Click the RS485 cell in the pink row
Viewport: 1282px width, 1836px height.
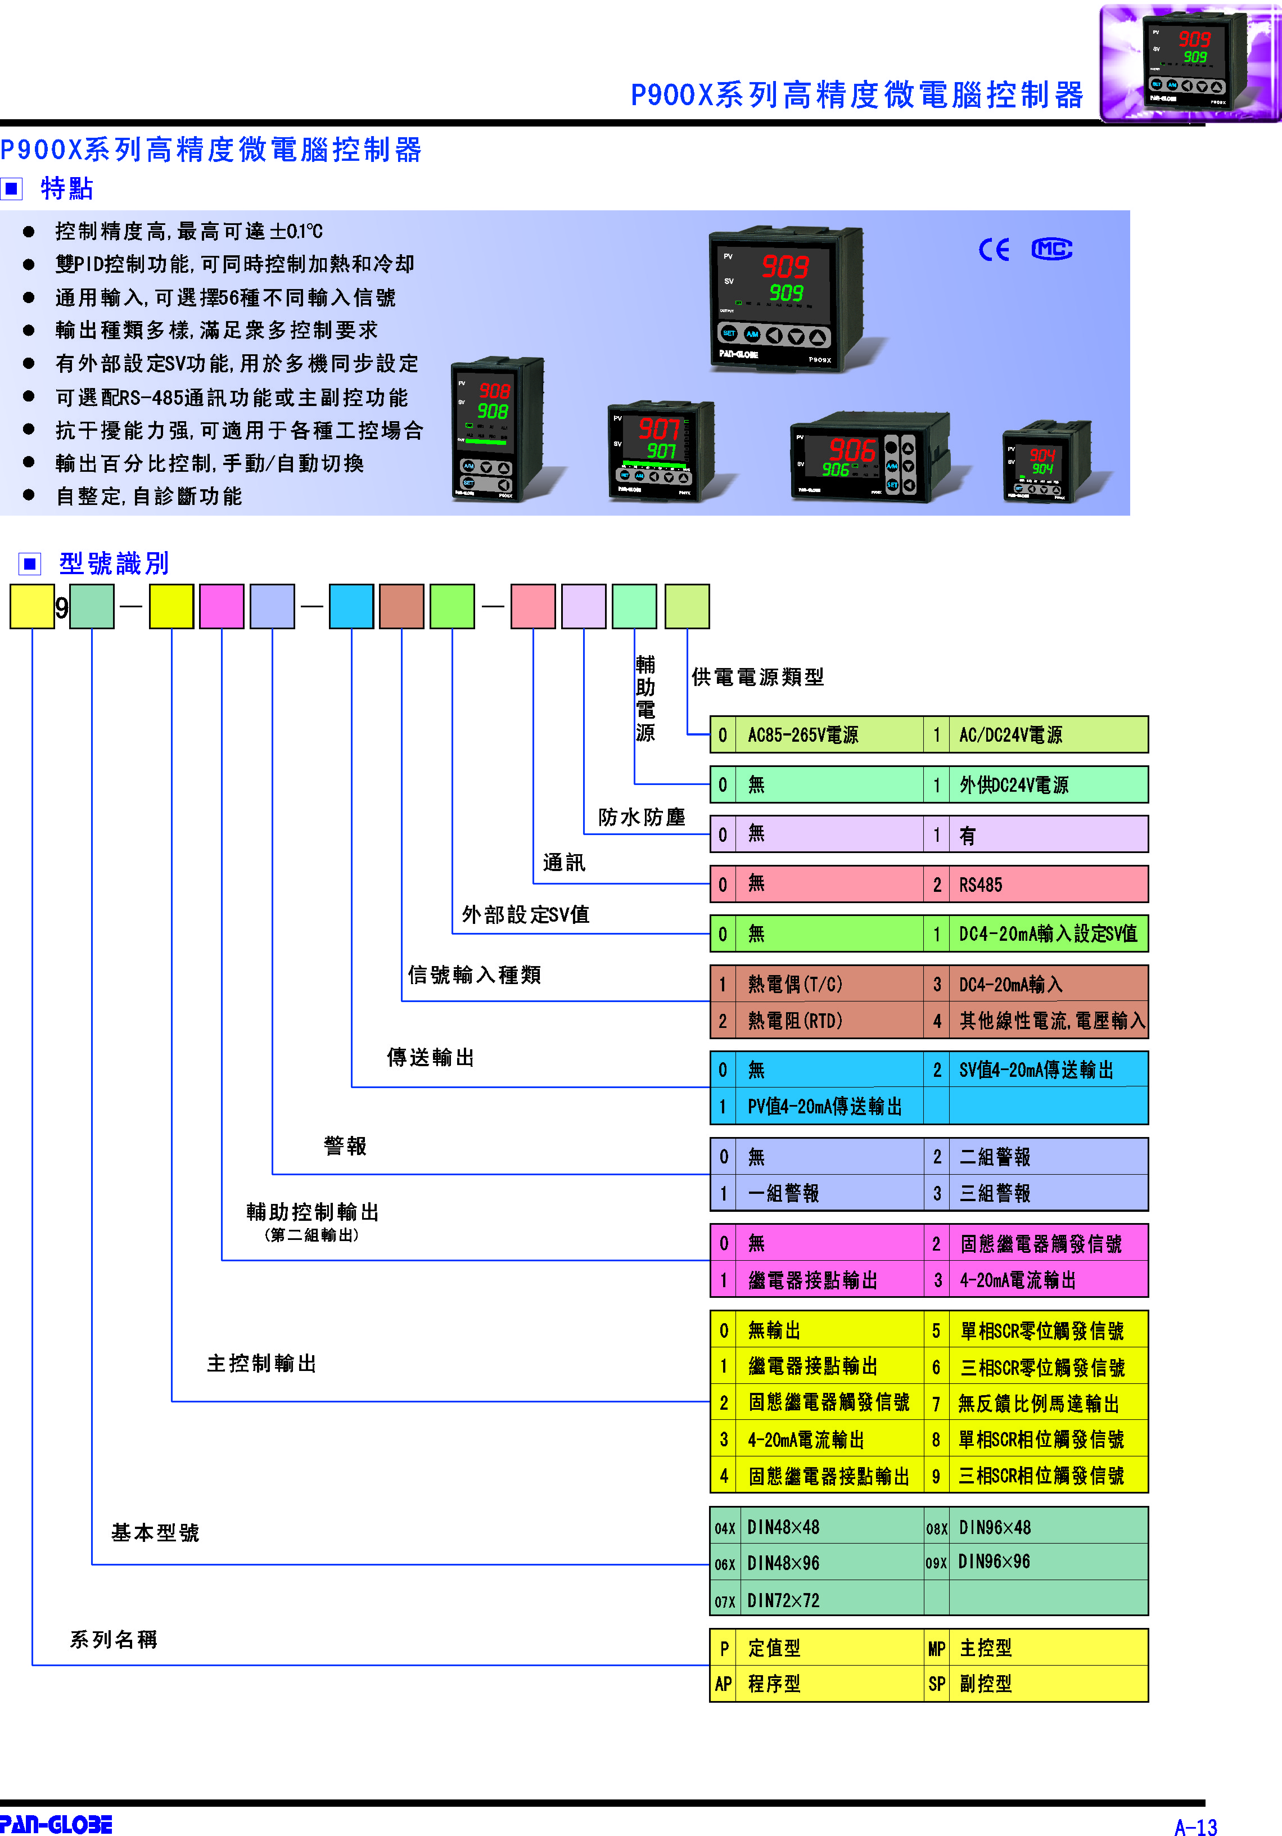pyautogui.click(x=1048, y=885)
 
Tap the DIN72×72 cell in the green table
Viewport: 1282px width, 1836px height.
pyautogui.click(x=831, y=1600)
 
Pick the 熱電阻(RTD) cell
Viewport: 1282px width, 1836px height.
pyautogui.click(x=831, y=1021)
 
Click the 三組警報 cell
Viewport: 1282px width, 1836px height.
pyautogui.click(x=1048, y=1193)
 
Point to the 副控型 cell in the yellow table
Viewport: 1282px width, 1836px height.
pyautogui.click(x=1048, y=1683)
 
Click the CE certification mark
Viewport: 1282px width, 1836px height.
pyautogui.click(x=994, y=250)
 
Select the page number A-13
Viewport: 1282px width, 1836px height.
pyautogui.click(x=1195, y=1826)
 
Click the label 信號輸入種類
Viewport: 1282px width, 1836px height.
pyautogui.click(x=474, y=975)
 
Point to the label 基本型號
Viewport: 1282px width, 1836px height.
pyautogui.click(x=155, y=1532)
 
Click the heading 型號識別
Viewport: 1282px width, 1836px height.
pyautogui.click(x=114, y=563)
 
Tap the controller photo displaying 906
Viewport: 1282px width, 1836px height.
pyautogui.click(x=869, y=457)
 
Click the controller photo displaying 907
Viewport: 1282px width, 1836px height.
pyautogui.click(x=661, y=451)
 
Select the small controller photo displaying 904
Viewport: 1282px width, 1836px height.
pyautogui.click(x=1046, y=462)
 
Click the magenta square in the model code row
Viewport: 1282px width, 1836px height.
pyautogui.click(x=222, y=606)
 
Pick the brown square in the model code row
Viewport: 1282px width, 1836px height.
pyautogui.click(x=401, y=606)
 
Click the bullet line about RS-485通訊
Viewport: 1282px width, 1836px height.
pyautogui.click(x=232, y=398)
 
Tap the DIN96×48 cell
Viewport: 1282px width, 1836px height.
pyautogui.click(x=1048, y=1527)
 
